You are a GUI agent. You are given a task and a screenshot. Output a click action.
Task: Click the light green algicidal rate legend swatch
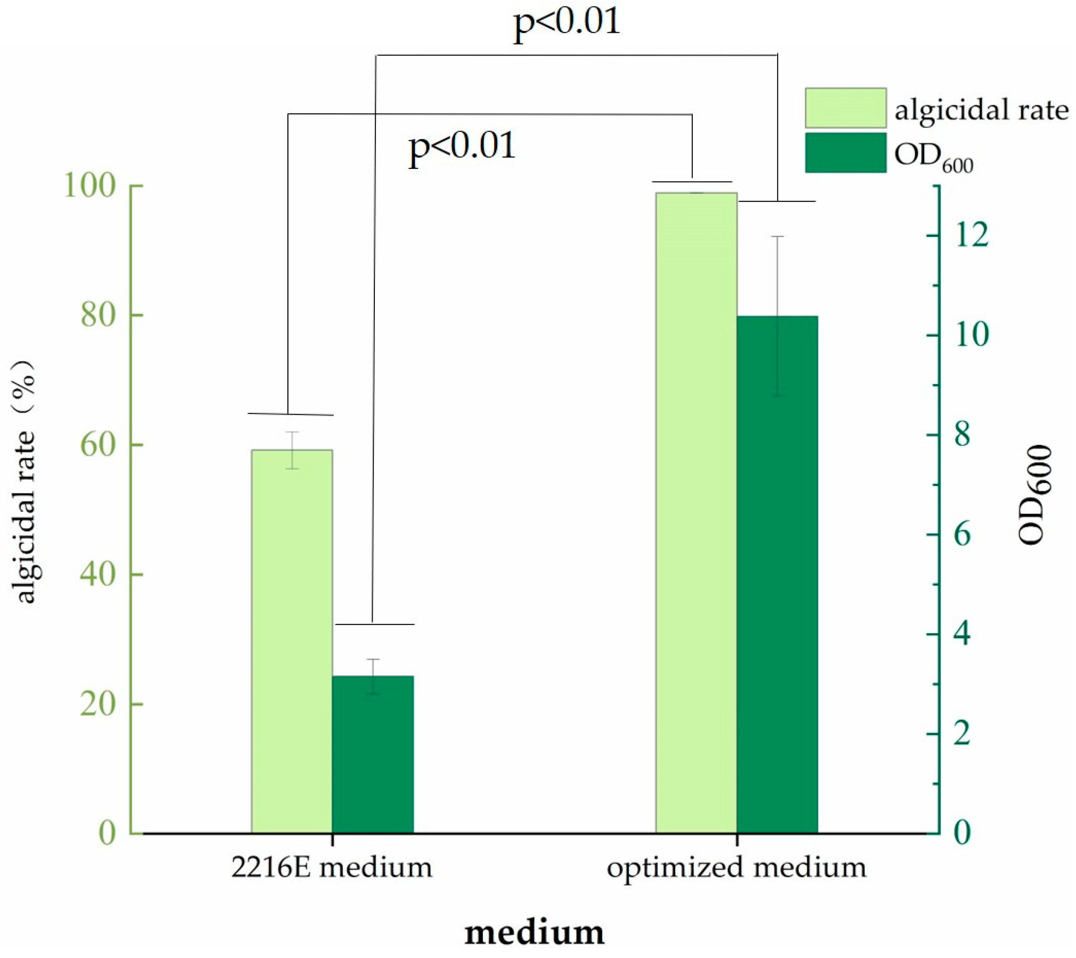point(845,108)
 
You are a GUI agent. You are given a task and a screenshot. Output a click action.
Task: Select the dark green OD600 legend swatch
point(845,153)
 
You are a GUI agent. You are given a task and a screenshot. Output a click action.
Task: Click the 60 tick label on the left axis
point(98,445)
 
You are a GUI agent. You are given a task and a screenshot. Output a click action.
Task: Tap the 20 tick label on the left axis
point(98,704)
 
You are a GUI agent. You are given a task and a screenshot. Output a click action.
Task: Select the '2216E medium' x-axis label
point(332,867)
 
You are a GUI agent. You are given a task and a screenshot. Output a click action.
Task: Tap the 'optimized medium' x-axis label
point(736,867)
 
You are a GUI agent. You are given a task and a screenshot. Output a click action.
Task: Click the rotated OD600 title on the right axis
point(1035,495)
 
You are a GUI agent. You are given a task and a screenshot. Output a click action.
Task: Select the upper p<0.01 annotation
point(566,24)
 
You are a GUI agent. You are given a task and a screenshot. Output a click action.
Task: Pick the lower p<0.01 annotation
point(461,147)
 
